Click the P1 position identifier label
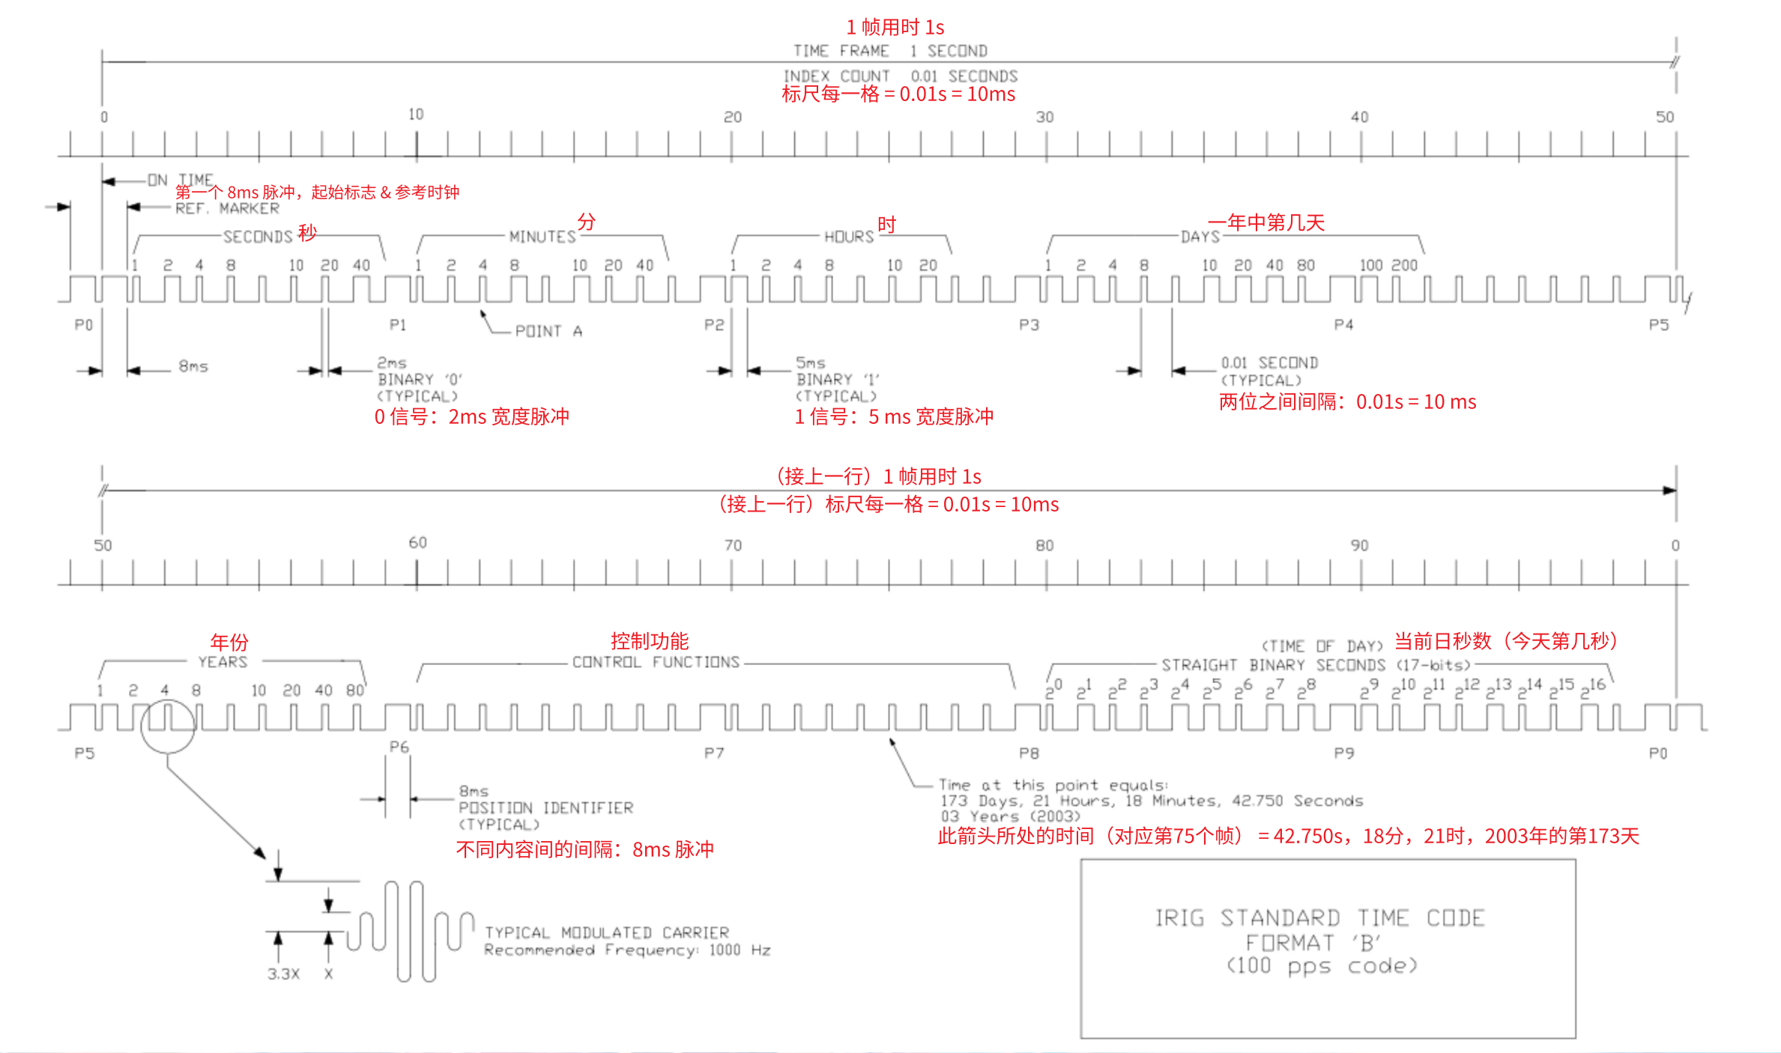click(398, 325)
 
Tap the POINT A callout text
click(548, 331)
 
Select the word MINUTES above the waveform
click(542, 237)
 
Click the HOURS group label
click(849, 237)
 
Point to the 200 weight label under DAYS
click(1404, 265)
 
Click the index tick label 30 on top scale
click(1044, 117)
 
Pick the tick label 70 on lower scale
click(733, 545)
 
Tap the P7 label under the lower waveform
click(714, 753)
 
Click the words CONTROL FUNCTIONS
click(656, 662)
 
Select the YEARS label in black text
click(223, 662)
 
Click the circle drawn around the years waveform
click(168, 726)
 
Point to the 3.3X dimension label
click(283, 974)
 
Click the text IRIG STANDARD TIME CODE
click(1319, 917)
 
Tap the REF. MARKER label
click(227, 208)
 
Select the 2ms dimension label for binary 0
click(391, 362)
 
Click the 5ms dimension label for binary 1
click(810, 362)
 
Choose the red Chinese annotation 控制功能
click(650, 641)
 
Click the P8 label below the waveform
click(1029, 753)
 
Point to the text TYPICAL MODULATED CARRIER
click(606, 932)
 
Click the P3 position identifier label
click(1029, 325)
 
